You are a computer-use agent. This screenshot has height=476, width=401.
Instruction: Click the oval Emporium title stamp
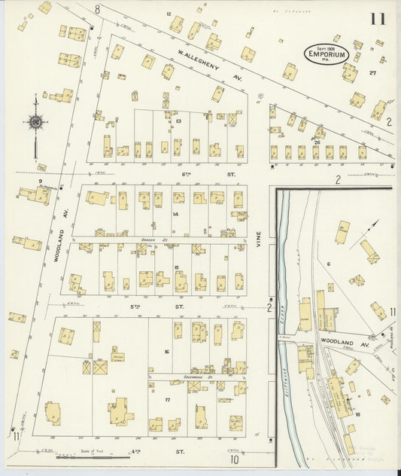tap(326, 53)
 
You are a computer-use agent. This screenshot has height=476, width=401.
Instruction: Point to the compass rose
tap(35, 121)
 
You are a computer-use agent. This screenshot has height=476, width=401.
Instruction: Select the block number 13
tap(178, 121)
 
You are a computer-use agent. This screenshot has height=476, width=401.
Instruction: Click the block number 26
tap(317, 142)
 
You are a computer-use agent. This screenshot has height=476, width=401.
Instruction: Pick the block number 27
tap(372, 73)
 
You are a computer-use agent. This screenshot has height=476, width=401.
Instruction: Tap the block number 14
tap(175, 214)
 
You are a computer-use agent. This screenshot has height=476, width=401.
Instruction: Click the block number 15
tap(176, 267)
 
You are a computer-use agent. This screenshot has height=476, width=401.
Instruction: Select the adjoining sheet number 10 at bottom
tap(234, 459)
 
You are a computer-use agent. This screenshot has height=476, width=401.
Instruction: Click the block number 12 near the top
tap(169, 14)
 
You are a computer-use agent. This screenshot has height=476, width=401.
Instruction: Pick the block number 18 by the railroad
tap(357, 414)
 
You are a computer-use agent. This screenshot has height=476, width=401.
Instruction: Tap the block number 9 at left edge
tap(39, 182)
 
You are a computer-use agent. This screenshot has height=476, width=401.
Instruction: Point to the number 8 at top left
tap(97, 9)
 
